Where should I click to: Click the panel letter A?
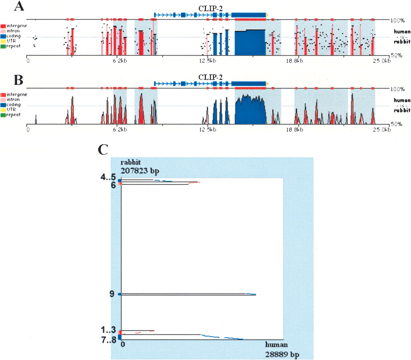(x=19, y=6)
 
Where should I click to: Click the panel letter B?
(x=19, y=80)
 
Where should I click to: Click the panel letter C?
(x=103, y=149)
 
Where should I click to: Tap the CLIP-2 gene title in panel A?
(x=210, y=9)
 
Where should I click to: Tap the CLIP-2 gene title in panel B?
(x=210, y=77)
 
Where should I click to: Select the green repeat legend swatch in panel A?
(x=3, y=46)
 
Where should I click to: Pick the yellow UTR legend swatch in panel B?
(x=3, y=110)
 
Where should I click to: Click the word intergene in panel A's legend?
(x=17, y=26)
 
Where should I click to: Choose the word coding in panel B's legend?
(x=13, y=105)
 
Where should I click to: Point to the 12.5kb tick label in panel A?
(x=207, y=61)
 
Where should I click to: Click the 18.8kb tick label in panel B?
(x=294, y=130)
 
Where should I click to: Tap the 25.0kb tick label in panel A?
(x=381, y=61)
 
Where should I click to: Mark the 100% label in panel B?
(x=398, y=89)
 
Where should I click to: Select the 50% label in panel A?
(x=396, y=55)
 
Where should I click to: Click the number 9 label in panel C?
(x=112, y=294)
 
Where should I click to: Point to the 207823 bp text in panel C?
(x=140, y=171)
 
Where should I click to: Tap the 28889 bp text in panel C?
(x=282, y=355)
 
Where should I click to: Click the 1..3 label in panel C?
(x=108, y=330)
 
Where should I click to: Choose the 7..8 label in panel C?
(x=109, y=340)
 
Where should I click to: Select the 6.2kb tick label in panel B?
(x=120, y=130)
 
